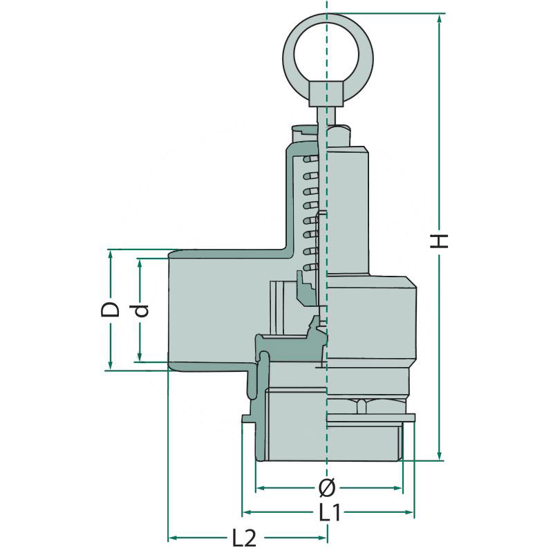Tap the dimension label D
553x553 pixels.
coord(110,309)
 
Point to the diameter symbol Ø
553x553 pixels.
coord(327,488)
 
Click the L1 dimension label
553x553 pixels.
coord(330,512)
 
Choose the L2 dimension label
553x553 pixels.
coord(244,538)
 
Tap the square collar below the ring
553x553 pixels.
coord(327,94)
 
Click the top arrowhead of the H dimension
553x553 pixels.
coord(440,19)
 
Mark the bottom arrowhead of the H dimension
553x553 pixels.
coord(440,456)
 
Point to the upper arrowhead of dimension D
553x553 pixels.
coord(111,255)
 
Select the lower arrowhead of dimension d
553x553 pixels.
coord(140,356)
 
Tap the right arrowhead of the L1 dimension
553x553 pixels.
coord(409,512)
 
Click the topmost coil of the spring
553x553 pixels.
coord(310,159)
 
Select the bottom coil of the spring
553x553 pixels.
coord(310,268)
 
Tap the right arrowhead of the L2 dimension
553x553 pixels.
coord(321,538)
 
